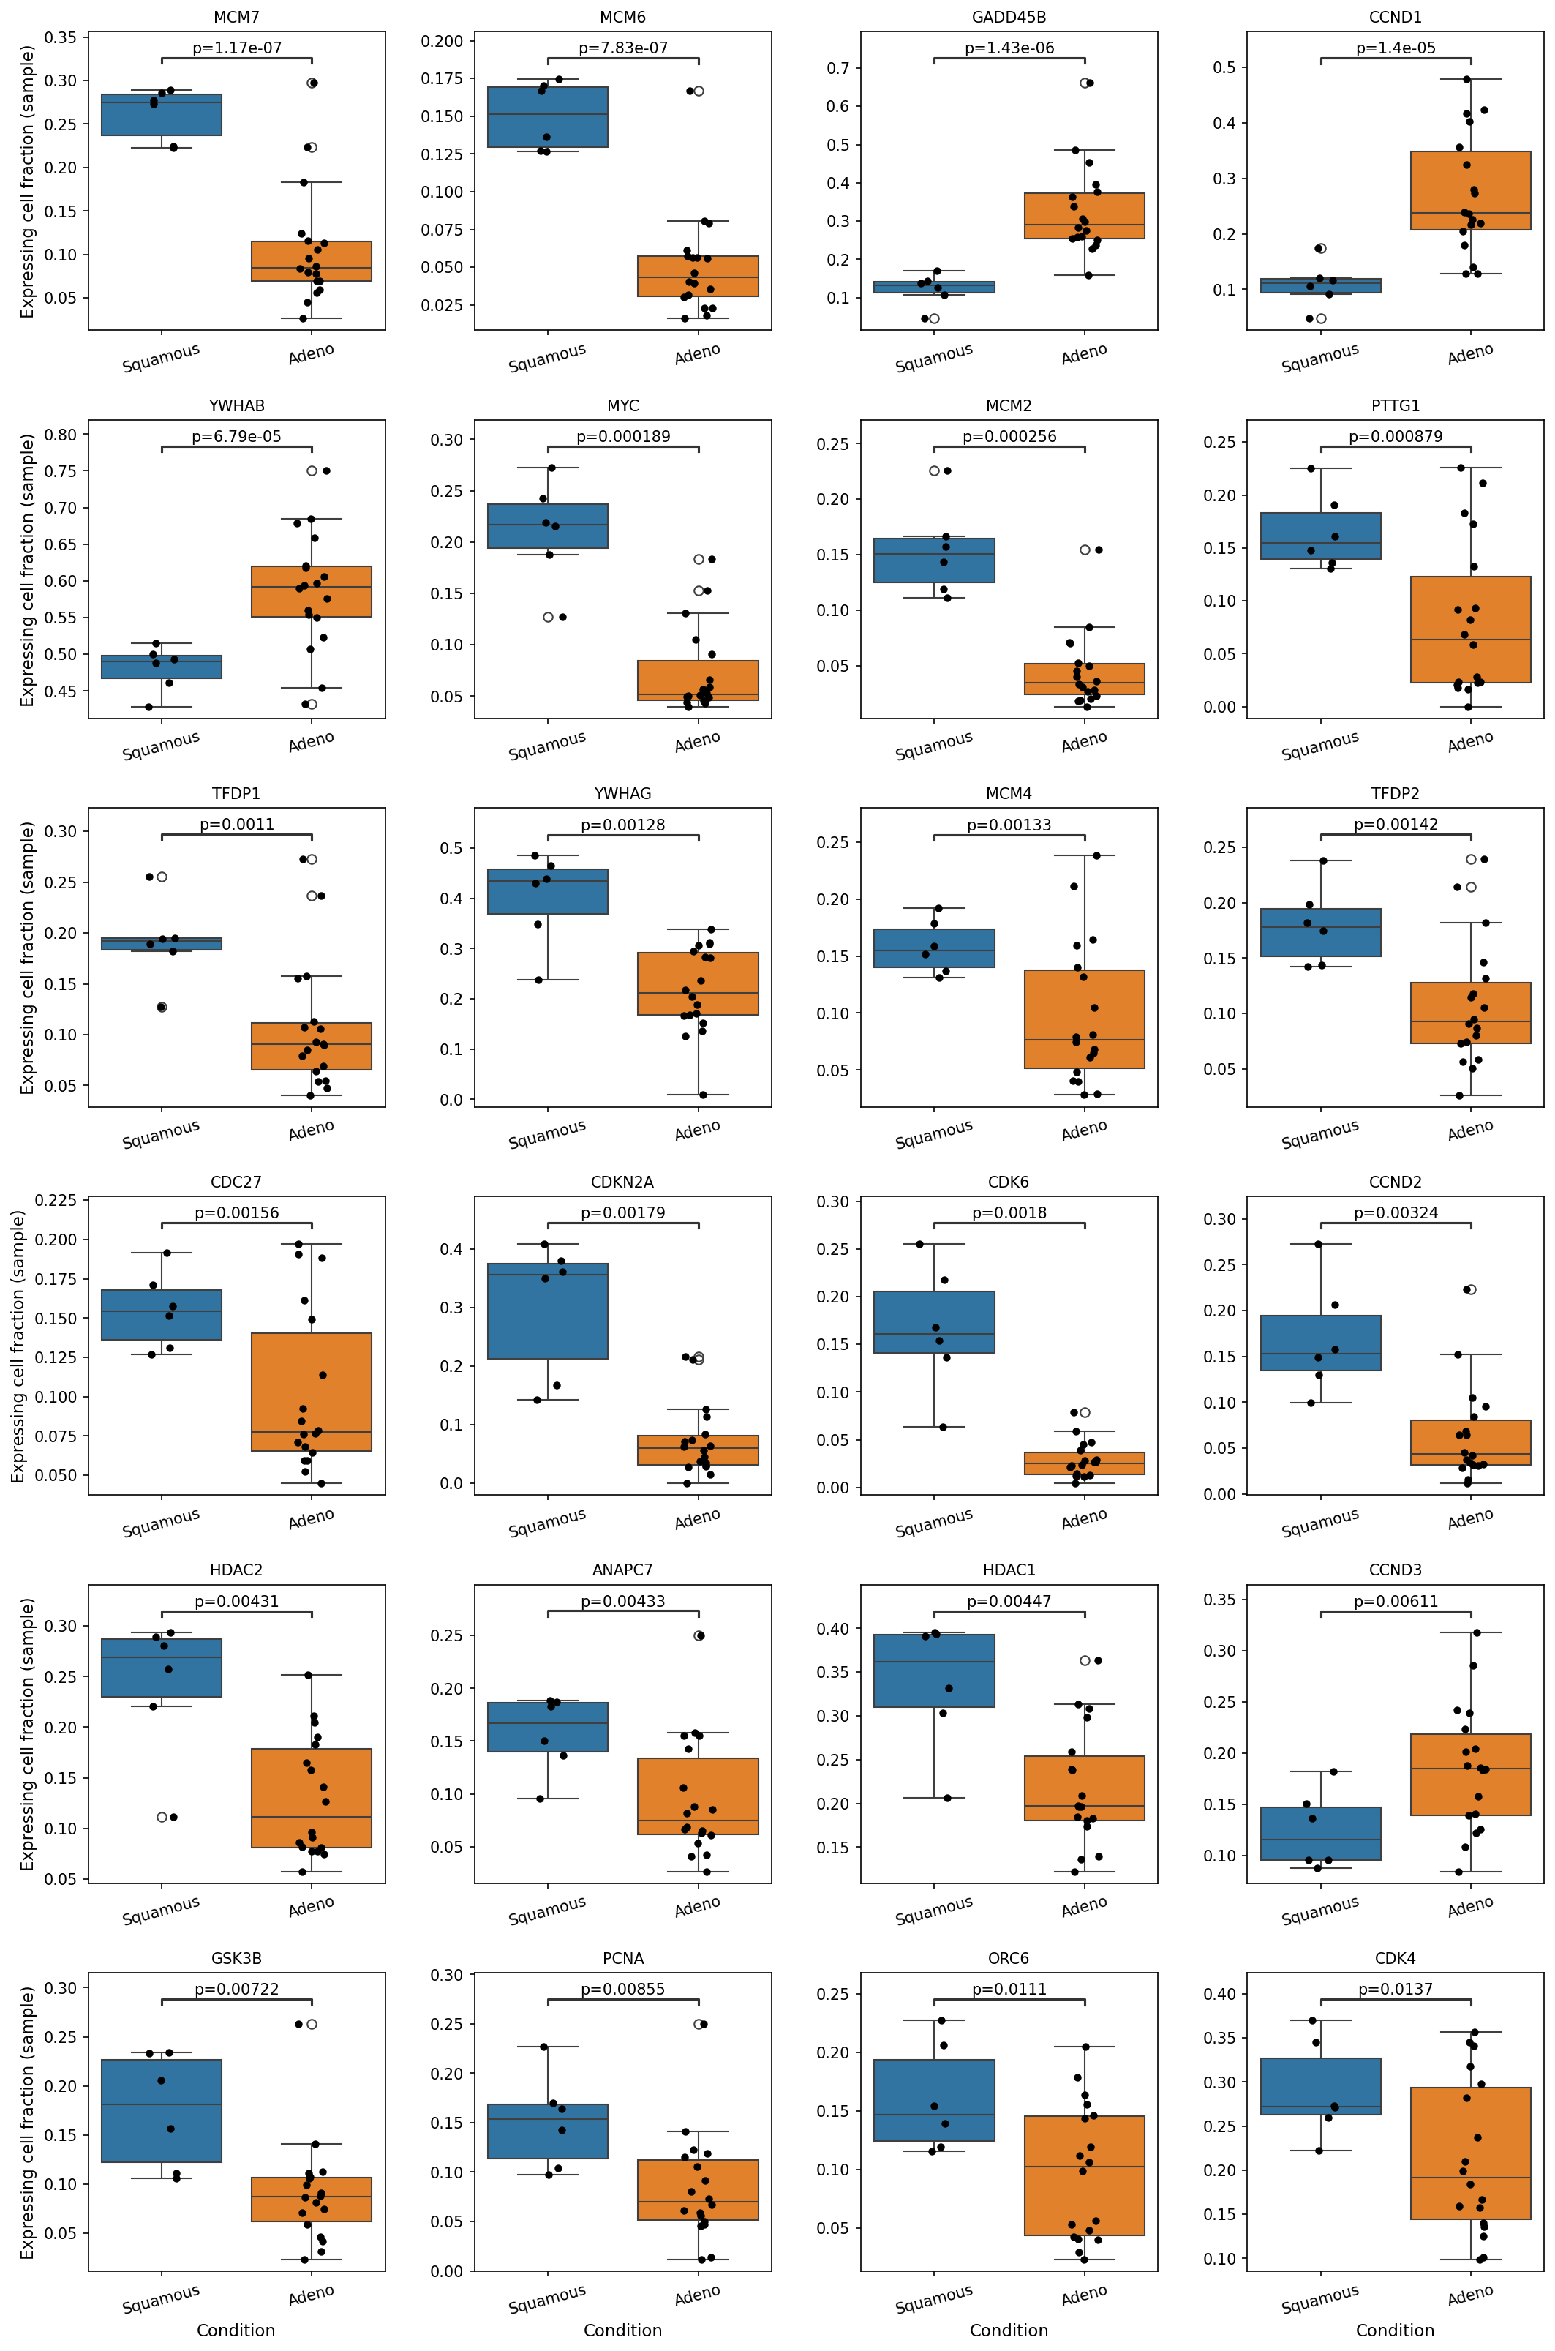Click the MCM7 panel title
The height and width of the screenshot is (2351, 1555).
(x=236, y=18)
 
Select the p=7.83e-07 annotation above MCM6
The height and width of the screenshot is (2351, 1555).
(x=622, y=48)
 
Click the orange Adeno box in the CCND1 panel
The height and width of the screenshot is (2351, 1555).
(x=1471, y=190)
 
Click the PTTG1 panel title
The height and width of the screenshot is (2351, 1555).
(x=1396, y=405)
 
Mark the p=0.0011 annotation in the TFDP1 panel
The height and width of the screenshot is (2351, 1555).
(x=237, y=825)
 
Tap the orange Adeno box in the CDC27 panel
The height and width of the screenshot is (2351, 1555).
(x=312, y=1392)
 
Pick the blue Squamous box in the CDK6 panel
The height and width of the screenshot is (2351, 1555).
(x=934, y=1322)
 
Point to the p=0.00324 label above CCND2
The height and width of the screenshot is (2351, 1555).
(x=1396, y=1212)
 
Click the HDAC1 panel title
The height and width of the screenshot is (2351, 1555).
(x=1009, y=1570)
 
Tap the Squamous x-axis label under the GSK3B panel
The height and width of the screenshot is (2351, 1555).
(x=161, y=2298)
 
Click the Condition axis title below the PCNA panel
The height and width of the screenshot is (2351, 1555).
(x=622, y=2331)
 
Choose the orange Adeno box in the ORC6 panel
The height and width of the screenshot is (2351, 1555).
(x=1084, y=2175)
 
